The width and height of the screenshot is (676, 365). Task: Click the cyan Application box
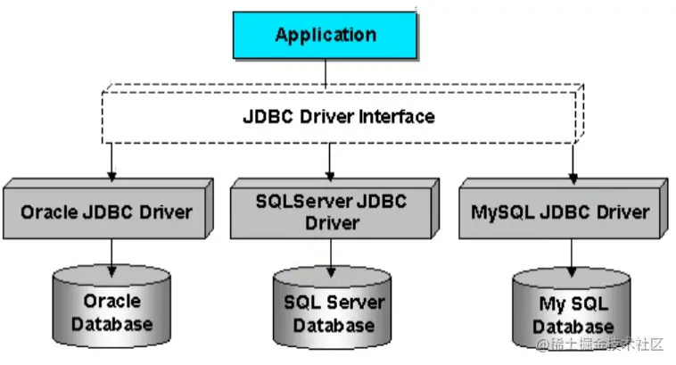click(x=326, y=36)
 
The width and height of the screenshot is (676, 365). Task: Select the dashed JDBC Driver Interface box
click(x=339, y=116)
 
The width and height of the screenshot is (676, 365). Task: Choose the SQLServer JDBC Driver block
click(x=331, y=212)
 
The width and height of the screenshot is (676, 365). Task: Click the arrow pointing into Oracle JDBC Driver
click(x=111, y=163)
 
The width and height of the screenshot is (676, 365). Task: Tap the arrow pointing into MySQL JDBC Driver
click(x=572, y=163)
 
